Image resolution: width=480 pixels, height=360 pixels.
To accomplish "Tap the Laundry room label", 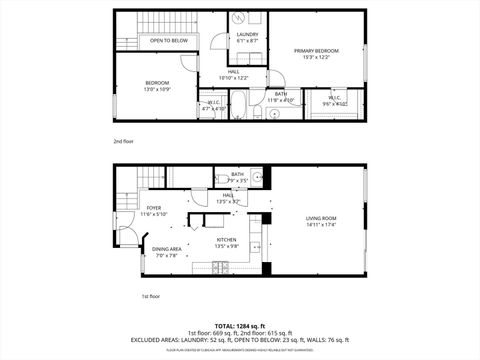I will coord(247,35).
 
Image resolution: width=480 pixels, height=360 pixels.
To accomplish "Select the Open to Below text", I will coord(169,41).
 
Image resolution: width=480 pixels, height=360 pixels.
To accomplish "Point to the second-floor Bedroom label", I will coord(156,82).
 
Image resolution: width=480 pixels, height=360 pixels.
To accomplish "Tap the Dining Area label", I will coord(166,249).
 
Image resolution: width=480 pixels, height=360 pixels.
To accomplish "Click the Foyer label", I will coord(126,207).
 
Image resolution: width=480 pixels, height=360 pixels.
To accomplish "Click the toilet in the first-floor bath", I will coord(222,180).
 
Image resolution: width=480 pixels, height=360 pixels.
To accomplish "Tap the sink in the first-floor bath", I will coord(256,179).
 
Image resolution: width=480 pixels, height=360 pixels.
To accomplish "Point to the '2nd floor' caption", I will coord(123,141).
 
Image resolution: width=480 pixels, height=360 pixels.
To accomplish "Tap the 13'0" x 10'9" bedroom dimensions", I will coord(156,90).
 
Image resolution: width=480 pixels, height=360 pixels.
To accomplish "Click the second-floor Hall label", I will coord(232,71).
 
